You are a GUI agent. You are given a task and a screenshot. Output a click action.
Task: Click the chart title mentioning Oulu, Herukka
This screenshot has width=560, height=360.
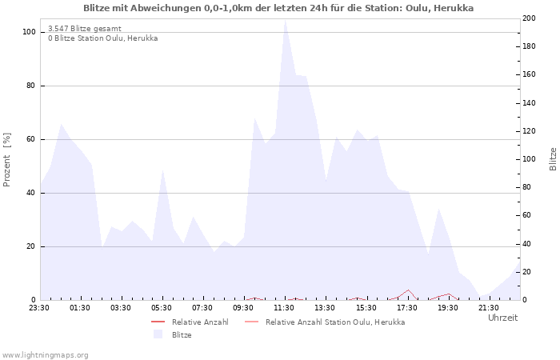point(278,8)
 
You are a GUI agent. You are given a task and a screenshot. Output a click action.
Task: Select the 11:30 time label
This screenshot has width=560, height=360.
point(284,307)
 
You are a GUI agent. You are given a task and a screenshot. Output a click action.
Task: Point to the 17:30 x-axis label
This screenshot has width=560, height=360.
point(407,307)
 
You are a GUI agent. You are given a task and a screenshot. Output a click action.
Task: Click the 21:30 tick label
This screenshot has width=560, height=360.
point(489,307)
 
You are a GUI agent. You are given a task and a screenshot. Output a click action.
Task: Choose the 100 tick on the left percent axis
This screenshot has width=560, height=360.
point(29,32)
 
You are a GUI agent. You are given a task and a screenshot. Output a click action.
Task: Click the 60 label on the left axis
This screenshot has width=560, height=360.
point(30,139)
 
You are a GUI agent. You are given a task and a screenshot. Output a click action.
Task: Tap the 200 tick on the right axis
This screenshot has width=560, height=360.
point(530,18)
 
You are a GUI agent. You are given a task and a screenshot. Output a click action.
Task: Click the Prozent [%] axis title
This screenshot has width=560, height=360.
point(7,159)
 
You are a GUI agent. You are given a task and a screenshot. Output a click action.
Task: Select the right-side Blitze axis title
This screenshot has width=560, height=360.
point(553,159)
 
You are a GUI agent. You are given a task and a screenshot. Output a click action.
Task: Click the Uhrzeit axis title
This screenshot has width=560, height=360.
point(502,318)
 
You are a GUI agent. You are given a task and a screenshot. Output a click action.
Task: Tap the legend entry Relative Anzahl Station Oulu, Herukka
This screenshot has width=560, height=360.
point(334,322)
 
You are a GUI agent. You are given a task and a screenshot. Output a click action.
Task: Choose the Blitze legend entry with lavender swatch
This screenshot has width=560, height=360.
point(181,334)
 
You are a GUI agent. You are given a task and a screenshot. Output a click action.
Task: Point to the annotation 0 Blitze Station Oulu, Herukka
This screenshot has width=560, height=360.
point(102,38)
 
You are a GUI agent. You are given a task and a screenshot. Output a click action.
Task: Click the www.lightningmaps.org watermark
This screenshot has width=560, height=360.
point(45,354)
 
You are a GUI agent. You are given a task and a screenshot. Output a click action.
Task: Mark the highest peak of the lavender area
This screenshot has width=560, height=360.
point(285,20)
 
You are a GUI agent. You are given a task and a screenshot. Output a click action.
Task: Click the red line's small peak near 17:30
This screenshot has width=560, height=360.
point(408,290)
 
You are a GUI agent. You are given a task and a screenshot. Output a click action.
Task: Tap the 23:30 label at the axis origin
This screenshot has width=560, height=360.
point(39,307)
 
